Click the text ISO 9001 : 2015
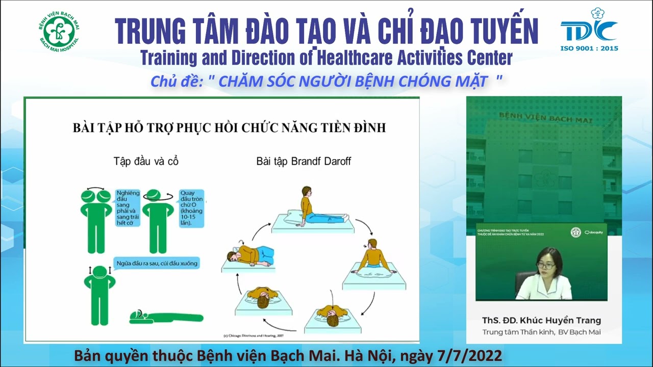tap(589, 48)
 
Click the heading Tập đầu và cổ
tap(146, 162)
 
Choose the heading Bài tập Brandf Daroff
tap(304, 162)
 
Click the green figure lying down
tap(166, 317)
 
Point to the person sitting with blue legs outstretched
tap(316, 209)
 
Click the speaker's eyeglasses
tap(546, 265)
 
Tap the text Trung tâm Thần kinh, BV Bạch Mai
tap(542, 332)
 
